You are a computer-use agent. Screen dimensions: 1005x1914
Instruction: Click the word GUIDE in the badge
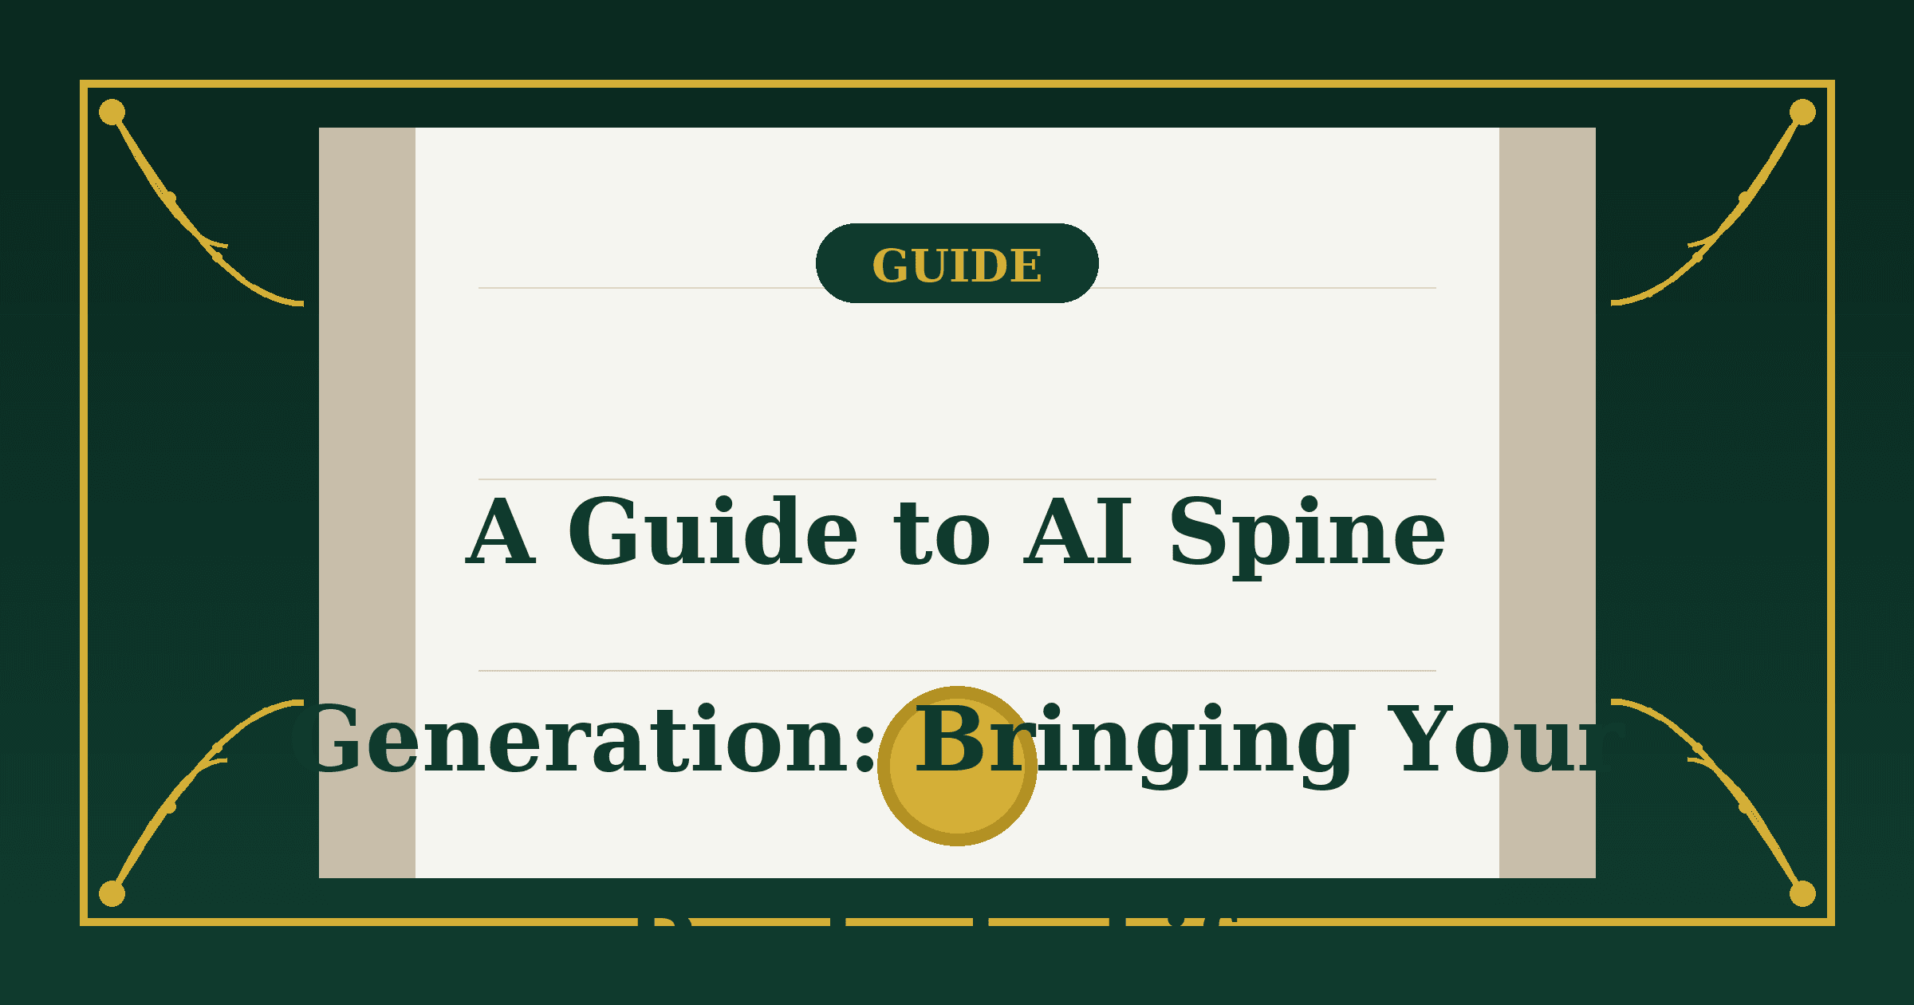957,266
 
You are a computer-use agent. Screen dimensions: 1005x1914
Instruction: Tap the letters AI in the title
1078,533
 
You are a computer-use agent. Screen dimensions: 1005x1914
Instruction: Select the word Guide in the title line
712,533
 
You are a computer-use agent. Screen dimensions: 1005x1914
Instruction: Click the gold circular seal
957,806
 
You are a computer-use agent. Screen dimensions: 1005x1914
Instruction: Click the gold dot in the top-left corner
112,112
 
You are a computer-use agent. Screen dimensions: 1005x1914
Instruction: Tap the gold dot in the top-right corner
1802,112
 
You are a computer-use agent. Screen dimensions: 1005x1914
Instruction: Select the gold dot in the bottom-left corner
112,893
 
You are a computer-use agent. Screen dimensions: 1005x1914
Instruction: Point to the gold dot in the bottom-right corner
1802,893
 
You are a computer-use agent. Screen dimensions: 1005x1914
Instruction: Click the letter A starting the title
500,533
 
